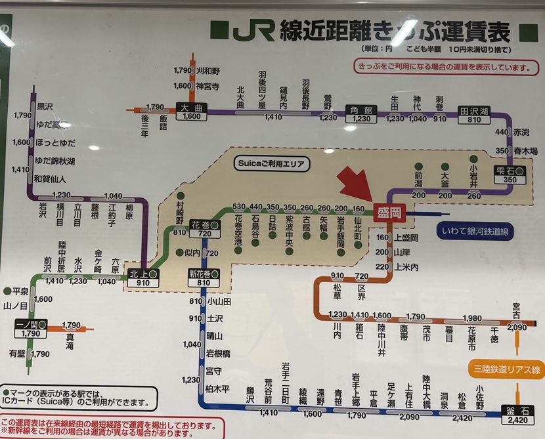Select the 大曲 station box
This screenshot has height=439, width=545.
coord(191,112)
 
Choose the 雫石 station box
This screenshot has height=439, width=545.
coord(510,175)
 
